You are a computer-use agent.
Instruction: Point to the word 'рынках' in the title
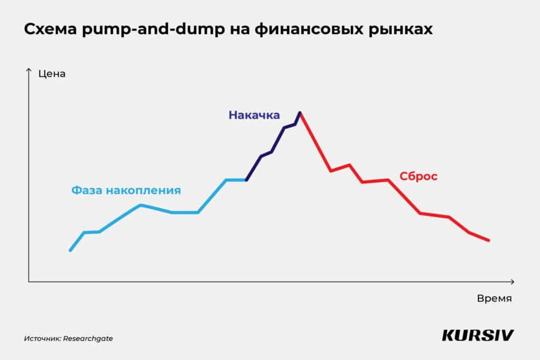403,31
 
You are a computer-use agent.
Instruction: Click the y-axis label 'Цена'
52,74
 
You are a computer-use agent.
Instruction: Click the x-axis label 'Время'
494,298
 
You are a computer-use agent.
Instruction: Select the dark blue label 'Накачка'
254,115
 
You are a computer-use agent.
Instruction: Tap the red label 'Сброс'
418,177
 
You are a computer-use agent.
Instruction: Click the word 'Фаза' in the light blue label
87,190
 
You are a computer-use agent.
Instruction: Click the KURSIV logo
478,336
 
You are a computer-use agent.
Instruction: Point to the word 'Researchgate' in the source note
88,338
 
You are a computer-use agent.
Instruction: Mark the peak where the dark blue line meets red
300,112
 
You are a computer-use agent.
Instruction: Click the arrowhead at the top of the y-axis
28,70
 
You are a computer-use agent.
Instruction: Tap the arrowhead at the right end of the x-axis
513,282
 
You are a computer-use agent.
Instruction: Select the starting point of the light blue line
70,250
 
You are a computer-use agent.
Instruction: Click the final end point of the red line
489,240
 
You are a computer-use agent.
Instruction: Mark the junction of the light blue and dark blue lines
246,180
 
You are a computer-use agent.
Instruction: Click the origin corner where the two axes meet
28,282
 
